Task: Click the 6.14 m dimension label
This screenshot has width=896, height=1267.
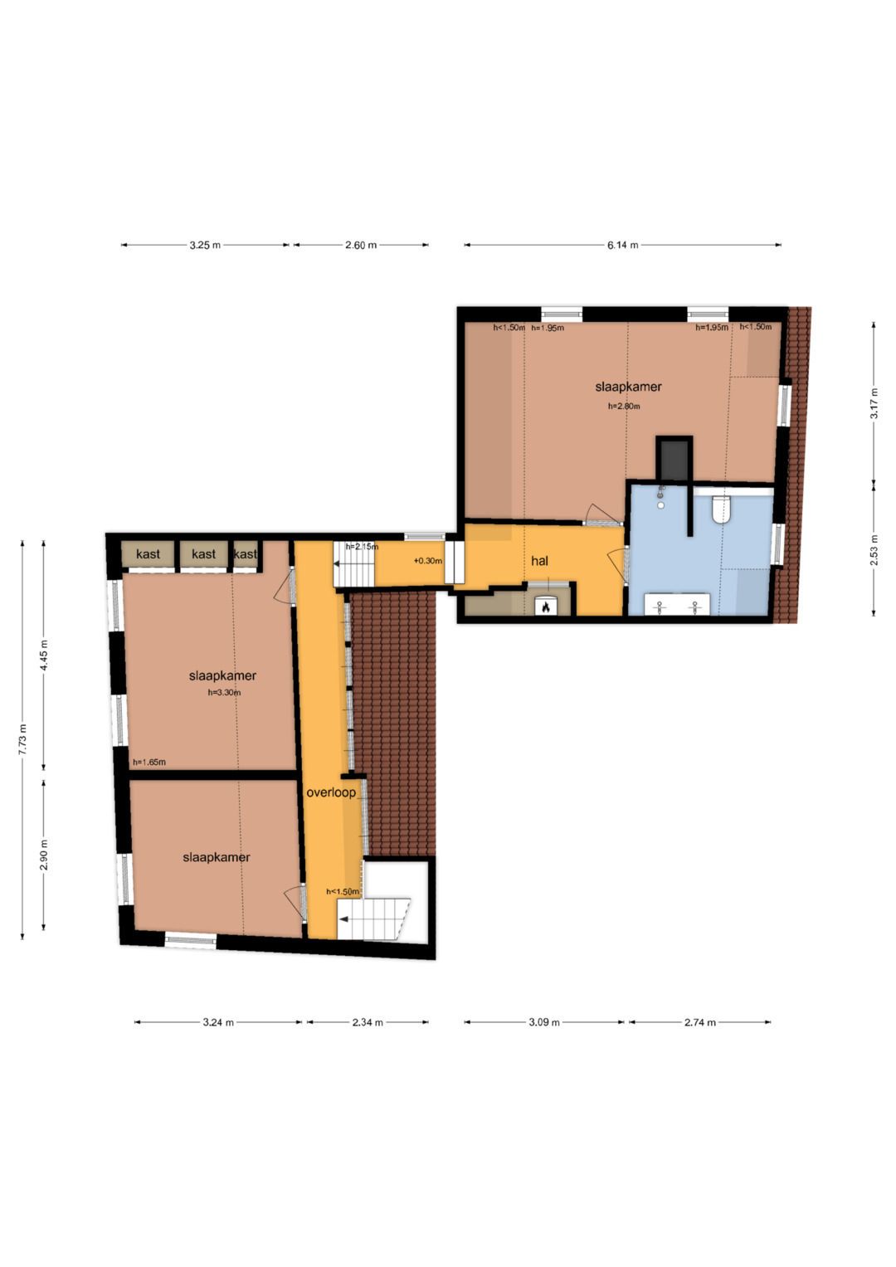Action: tap(623, 245)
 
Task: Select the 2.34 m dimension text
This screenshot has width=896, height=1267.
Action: tap(367, 1022)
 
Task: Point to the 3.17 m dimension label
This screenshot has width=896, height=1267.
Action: tap(874, 402)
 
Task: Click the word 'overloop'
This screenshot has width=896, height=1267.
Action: tap(331, 792)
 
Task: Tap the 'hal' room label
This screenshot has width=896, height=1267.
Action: tap(539, 561)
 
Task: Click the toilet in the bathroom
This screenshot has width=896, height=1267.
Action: tap(721, 509)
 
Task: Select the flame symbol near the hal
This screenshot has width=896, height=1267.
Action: tap(545, 607)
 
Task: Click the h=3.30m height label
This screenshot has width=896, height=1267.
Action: tap(224, 692)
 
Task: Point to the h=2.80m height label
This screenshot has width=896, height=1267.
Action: tap(624, 406)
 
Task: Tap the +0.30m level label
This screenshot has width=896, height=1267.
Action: tap(427, 561)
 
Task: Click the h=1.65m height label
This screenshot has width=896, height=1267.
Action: tap(149, 762)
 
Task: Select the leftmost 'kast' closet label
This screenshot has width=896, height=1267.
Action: tap(148, 553)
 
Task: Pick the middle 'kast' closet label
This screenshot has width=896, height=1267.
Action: tap(203, 553)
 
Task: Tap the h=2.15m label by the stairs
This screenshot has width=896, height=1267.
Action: tap(362, 547)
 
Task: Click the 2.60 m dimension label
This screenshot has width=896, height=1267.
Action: tap(361, 245)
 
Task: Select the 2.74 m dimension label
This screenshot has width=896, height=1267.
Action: tap(699, 1022)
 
